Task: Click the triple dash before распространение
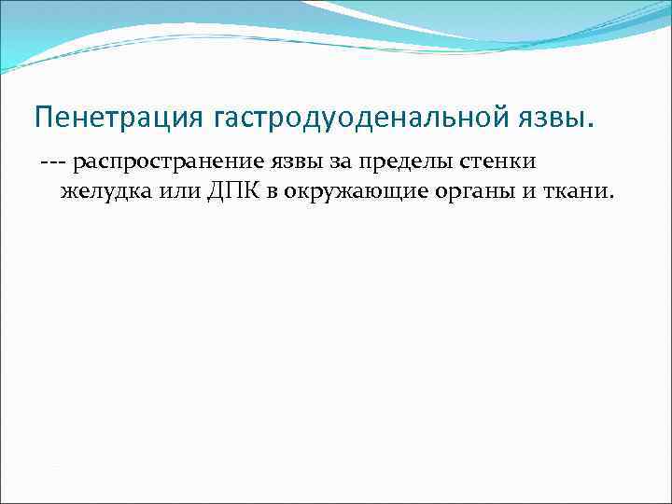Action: click(x=52, y=162)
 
